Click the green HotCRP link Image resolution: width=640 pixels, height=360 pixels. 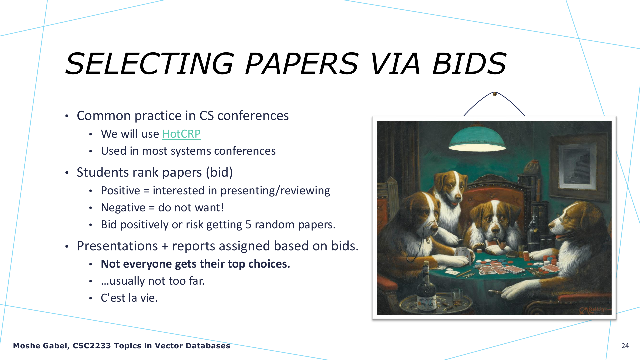tap(181, 134)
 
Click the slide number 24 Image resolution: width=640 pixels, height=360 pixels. tap(625, 346)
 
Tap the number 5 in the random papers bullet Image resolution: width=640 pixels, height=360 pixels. tap(248, 225)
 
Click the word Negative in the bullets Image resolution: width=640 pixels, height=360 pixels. tap(123, 208)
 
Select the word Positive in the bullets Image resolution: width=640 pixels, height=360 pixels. tap(120, 191)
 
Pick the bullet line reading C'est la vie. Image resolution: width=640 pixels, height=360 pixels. tap(129, 298)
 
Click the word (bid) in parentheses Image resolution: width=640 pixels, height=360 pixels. tap(219, 172)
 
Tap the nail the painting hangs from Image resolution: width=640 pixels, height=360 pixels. tap(495, 94)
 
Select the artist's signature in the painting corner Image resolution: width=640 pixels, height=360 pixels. tap(595, 310)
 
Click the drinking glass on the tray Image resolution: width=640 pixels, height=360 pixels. tap(457, 297)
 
